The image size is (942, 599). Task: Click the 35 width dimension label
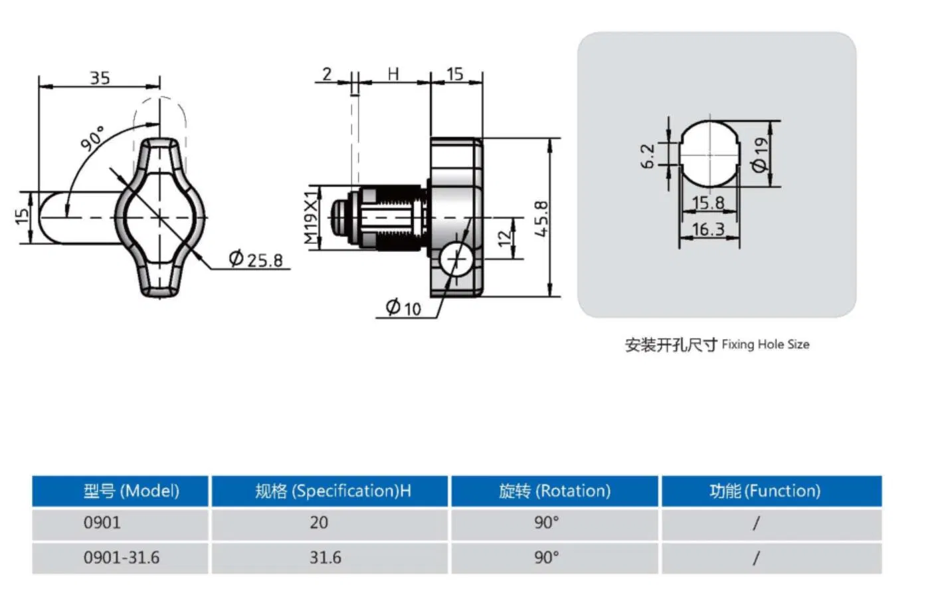click(100, 78)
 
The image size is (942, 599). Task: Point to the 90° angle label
click(93, 138)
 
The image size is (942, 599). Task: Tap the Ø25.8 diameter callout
click(256, 259)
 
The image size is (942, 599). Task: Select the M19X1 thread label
click(311, 217)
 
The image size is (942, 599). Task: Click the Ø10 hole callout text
click(403, 308)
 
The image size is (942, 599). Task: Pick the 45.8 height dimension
click(541, 218)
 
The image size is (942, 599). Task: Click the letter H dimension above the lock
click(393, 74)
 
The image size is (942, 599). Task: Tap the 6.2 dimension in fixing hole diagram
click(648, 156)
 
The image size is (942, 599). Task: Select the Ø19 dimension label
click(760, 154)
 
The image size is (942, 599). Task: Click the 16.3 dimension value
click(708, 229)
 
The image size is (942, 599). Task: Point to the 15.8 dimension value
click(708, 203)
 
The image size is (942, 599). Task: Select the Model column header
click(131, 491)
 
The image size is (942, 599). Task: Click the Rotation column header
click(555, 491)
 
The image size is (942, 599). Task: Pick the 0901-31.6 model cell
click(122, 557)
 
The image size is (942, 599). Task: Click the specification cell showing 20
click(319, 523)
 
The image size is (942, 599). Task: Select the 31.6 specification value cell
click(326, 557)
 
